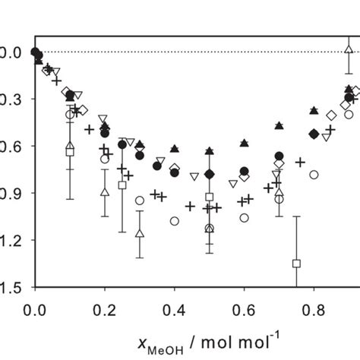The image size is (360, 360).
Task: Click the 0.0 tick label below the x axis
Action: click(33, 311)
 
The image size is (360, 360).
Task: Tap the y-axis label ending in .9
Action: click(9, 194)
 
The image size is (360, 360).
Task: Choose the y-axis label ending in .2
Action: click(9, 241)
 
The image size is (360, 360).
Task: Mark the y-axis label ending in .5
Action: click(9, 288)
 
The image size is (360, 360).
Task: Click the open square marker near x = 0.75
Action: click(296, 264)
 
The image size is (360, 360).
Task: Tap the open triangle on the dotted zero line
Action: click(349, 51)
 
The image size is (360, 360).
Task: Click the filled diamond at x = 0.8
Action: click(314, 134)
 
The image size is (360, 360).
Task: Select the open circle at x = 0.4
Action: click(174, 221)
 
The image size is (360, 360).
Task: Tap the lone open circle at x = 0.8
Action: click(314, 174)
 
